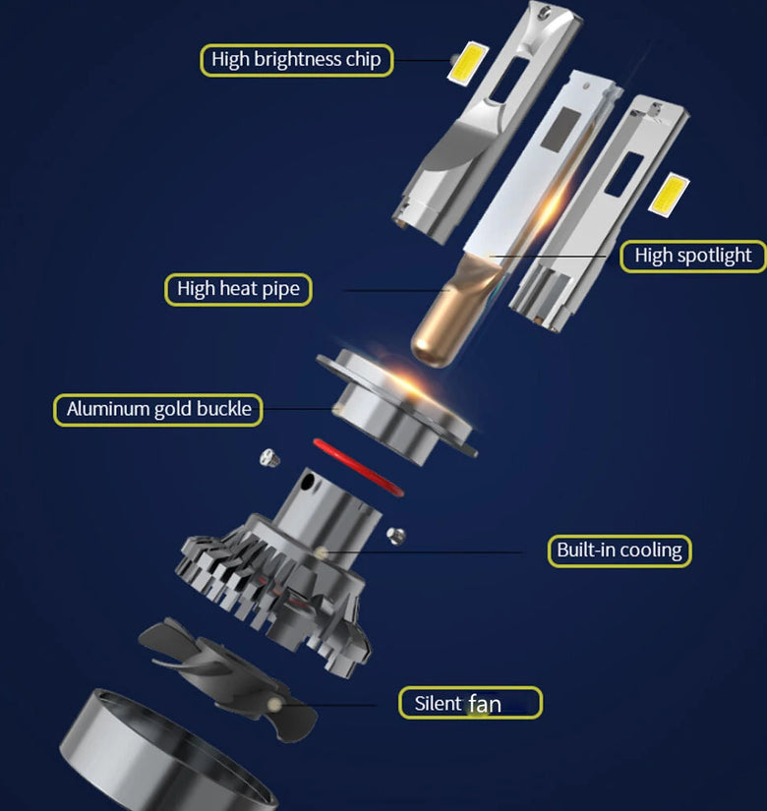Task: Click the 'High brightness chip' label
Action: [297, 60]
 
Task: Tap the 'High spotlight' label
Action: [693, 256]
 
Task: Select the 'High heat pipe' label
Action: [238, 289]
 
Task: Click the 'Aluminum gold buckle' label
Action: [158, 410]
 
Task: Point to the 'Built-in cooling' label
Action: [619, 550]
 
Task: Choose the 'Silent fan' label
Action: [470, 703]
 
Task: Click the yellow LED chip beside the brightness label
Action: [467, 62]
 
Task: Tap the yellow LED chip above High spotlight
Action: [669, 195]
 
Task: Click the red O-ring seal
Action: [358, 468]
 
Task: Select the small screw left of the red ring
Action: [269, 458]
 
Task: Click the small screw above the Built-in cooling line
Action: [396, 536]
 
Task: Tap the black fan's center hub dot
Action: [274, 704]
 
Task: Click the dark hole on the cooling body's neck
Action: [308, 482]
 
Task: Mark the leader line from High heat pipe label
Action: [397, 291]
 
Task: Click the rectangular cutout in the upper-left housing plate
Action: [508, 78]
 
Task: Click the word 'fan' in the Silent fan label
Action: [485, 704]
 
